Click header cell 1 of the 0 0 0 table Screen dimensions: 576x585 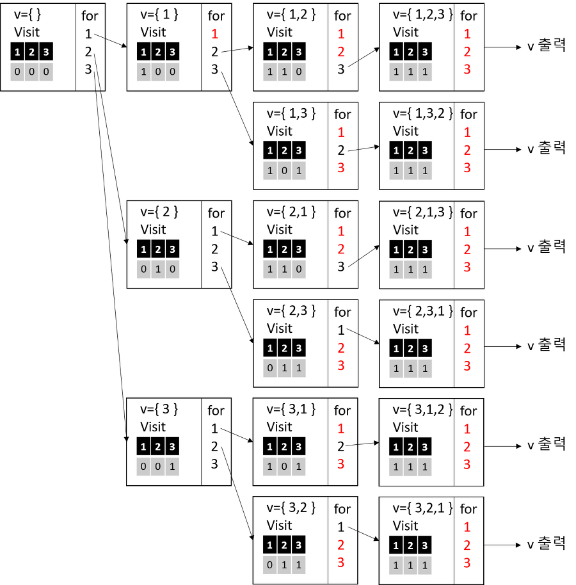[17, 52]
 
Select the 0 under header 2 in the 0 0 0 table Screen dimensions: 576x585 [32, 72]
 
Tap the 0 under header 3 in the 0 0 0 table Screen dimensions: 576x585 [46, 72]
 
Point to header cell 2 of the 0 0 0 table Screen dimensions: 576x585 [32, 52]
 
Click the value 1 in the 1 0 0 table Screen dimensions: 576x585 [143, 72]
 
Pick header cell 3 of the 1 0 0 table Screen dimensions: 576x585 [172, 52]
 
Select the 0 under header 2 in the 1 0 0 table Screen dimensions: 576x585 [158, 72]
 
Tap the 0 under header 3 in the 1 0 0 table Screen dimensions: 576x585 [172, 72]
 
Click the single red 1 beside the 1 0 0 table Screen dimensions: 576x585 [215, 35]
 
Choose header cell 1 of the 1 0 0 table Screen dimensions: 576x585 [143, 52]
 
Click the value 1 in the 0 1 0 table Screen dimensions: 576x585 [158, 269]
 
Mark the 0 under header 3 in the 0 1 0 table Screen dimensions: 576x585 [172, 269]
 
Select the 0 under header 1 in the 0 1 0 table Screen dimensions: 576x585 [143, 269]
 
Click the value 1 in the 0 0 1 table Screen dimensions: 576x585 [172, 467]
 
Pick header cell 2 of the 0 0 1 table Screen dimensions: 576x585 [158, 447]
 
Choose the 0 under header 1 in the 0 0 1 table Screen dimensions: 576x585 [143, 467]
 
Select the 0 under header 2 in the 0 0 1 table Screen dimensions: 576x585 [158, 467]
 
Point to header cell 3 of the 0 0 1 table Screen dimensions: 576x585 [172, 447]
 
